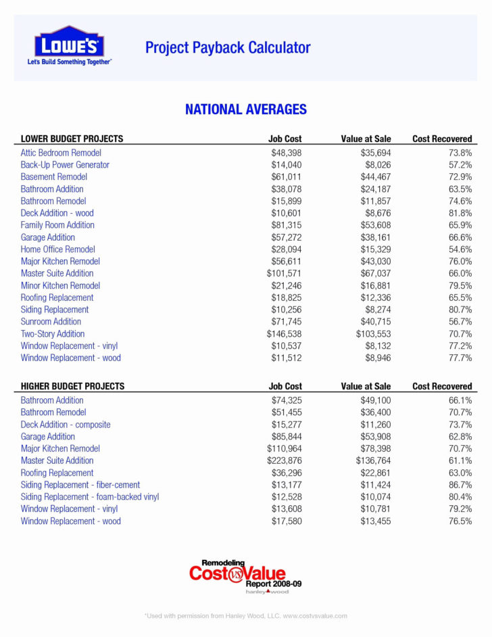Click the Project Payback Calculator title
pyautogui.click(x=228, y=47)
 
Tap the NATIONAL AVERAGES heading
pyautogui.click(x=246, y=109)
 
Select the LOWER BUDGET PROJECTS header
pyautogui.click(x=72, y=139)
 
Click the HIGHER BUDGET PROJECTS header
pyautogui.click(x=73, y=386)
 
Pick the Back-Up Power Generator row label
pyautogui.click(x=65, y=165)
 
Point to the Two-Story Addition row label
pyautogui.click(x=53, y=334)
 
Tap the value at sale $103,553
pyautogui.click(x=374, y=334)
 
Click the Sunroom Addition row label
pyautogui.click(x=51, y=322)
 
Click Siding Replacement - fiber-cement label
pyautogui.click(x=80, y=485)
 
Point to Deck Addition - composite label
pyautogui.click(x=66, y=425)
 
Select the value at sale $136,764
pyautogui.click(x=374, y=461)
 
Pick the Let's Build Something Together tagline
pyautogui.click(x=69, y=62)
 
